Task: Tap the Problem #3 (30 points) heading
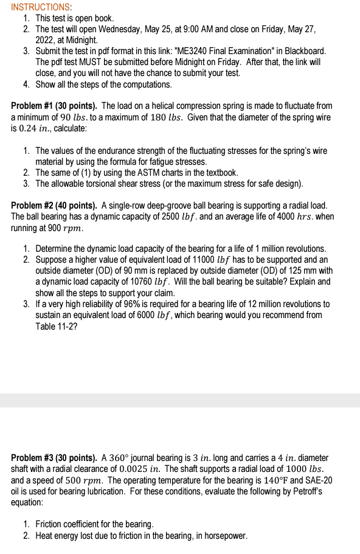pyautogui.click(x=54, y=457)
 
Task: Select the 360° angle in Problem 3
pyautogui.click(x=112, y=458)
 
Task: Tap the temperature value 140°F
pyautogui.click(x=267, y=480)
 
